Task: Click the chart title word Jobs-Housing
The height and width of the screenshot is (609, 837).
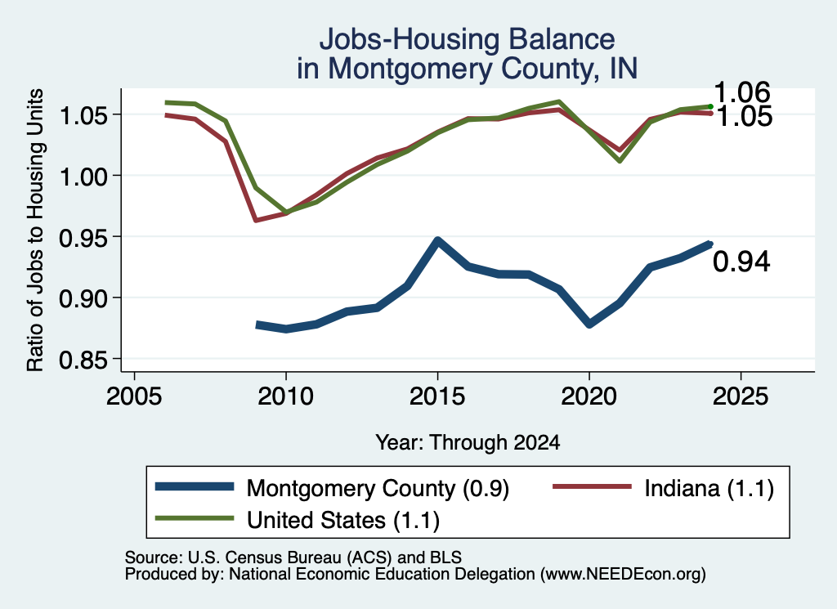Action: tap(410, 40)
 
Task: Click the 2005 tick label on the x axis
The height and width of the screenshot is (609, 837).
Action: tap(135, 396)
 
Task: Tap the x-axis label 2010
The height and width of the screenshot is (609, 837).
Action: tap(285, 396)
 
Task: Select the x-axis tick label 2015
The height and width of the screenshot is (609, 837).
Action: tap(437, 396)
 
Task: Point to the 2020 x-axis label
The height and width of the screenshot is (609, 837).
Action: tap(589, 396)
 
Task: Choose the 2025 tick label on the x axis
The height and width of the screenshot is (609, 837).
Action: tap(741, 396)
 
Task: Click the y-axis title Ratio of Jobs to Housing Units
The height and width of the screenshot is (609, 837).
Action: tap(35, 230)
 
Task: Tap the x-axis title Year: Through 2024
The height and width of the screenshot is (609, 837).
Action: tap(468, 442)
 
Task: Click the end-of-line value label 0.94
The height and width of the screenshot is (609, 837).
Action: tap(741, 262)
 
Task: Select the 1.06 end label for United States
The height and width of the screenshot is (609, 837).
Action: tap(741, 92)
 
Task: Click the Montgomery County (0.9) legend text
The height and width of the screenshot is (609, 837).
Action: tap(378, 488)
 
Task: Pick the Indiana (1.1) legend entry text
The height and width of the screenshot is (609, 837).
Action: tap(709, 488)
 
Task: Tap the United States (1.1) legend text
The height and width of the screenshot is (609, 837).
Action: tap(342, 521)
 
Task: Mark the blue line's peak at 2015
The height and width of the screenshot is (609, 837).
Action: tap(437, 240)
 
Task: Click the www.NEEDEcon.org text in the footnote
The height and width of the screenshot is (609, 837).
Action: tap(622, 575)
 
